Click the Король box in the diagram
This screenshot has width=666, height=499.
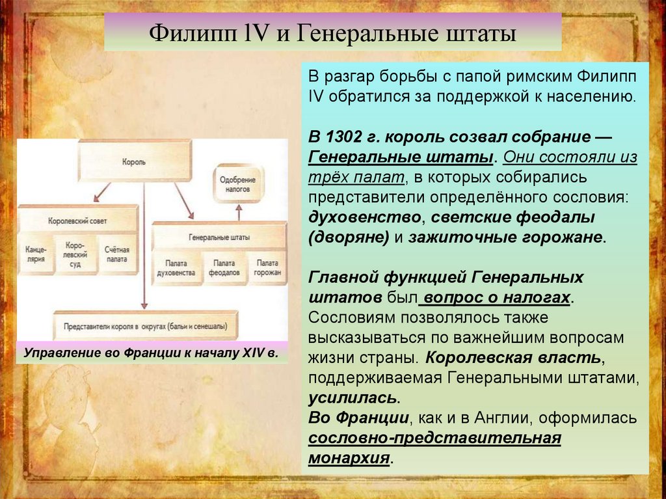135,160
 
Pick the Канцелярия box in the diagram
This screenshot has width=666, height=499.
36,254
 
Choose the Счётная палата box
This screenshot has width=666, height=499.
117,254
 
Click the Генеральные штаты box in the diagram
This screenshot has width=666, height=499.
219,237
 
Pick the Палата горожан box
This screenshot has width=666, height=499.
267,267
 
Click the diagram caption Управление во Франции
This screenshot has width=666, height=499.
151,353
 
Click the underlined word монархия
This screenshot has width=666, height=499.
349,457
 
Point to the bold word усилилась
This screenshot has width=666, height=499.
352,398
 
